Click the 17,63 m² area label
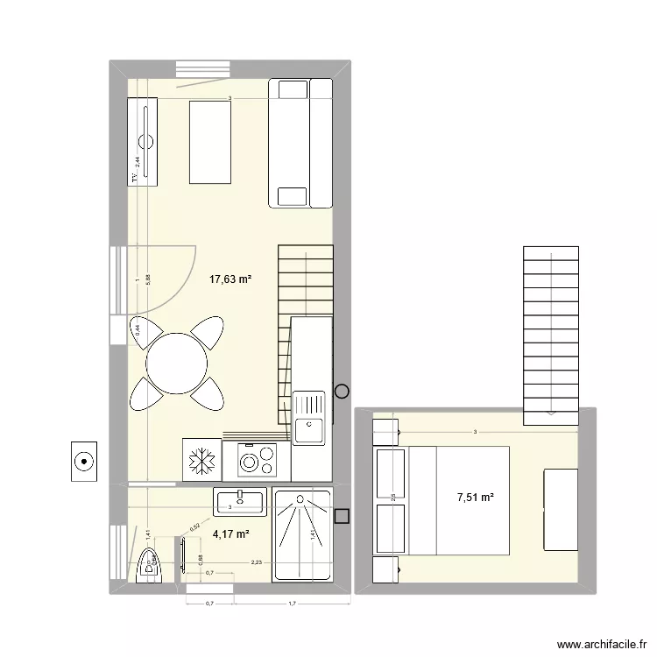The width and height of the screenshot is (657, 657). (230, 280)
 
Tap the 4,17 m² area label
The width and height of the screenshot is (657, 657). (231, 534)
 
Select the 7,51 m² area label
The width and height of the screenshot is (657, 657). (475, 498)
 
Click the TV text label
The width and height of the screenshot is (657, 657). (135, 178)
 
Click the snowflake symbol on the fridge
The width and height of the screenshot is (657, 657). (201, 461)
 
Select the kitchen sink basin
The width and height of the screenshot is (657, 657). (309, 429)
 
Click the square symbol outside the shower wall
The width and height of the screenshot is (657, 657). (343, 517)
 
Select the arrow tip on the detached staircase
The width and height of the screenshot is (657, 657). (552, 412)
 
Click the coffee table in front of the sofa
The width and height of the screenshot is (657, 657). (210, 142)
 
